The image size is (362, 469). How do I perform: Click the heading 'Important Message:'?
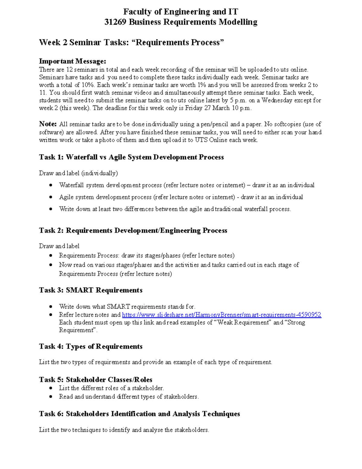coord(72,61)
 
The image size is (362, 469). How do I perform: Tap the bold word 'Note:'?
coord(48,124)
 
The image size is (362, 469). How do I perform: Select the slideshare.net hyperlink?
coord(221,315)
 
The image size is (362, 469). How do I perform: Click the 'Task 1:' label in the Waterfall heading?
coord(51,157)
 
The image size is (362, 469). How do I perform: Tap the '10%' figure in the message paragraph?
coord(87,85)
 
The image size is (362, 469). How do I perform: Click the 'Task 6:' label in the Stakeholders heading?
coord(51,414)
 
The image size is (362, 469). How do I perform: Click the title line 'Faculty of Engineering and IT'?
coord(181,12)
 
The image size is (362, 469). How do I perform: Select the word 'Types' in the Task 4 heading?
coord(76,346)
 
